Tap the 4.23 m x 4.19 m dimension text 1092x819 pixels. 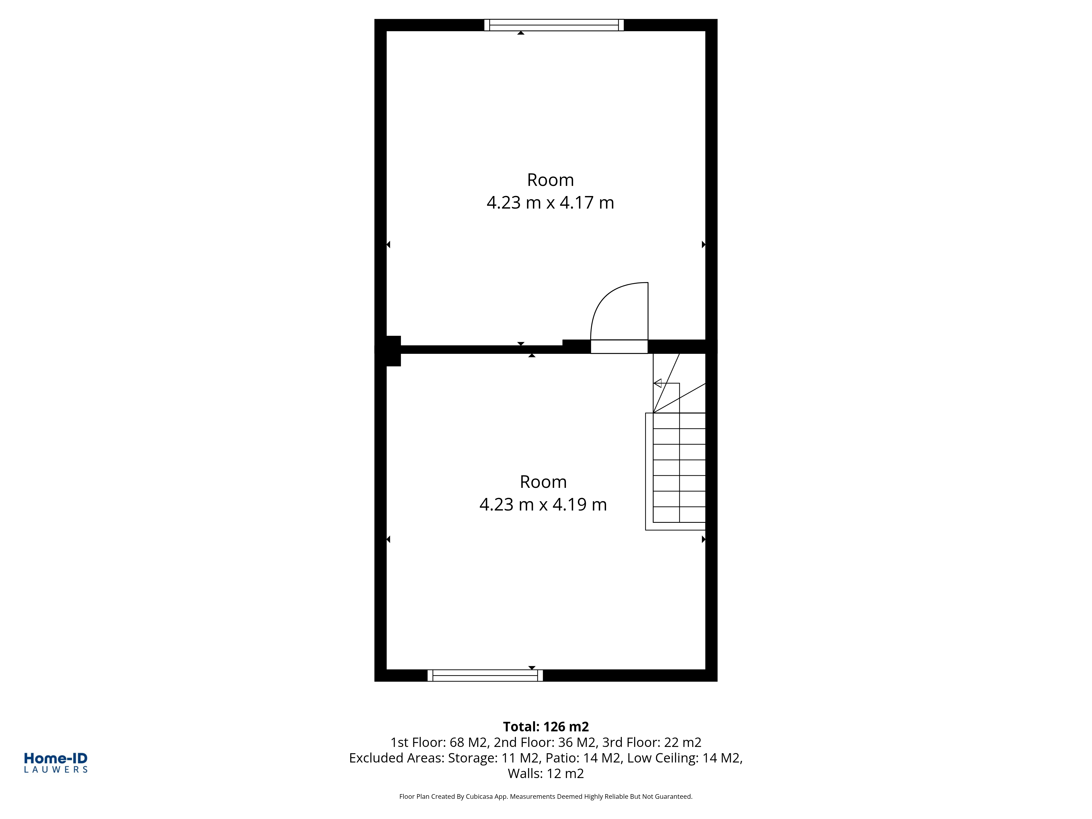[543, 505]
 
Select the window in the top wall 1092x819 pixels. [554, 25]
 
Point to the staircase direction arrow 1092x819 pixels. [658, 383]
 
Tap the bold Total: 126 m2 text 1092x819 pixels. [546, 727]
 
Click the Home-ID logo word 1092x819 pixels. [56, 759]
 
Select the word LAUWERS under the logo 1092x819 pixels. [56, 770]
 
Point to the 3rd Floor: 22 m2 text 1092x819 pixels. [652, 743]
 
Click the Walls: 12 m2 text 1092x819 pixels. [546, 774]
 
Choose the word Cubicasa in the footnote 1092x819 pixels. [479, 797]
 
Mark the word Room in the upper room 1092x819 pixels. [550, 180]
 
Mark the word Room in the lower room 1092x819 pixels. [543, 482]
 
